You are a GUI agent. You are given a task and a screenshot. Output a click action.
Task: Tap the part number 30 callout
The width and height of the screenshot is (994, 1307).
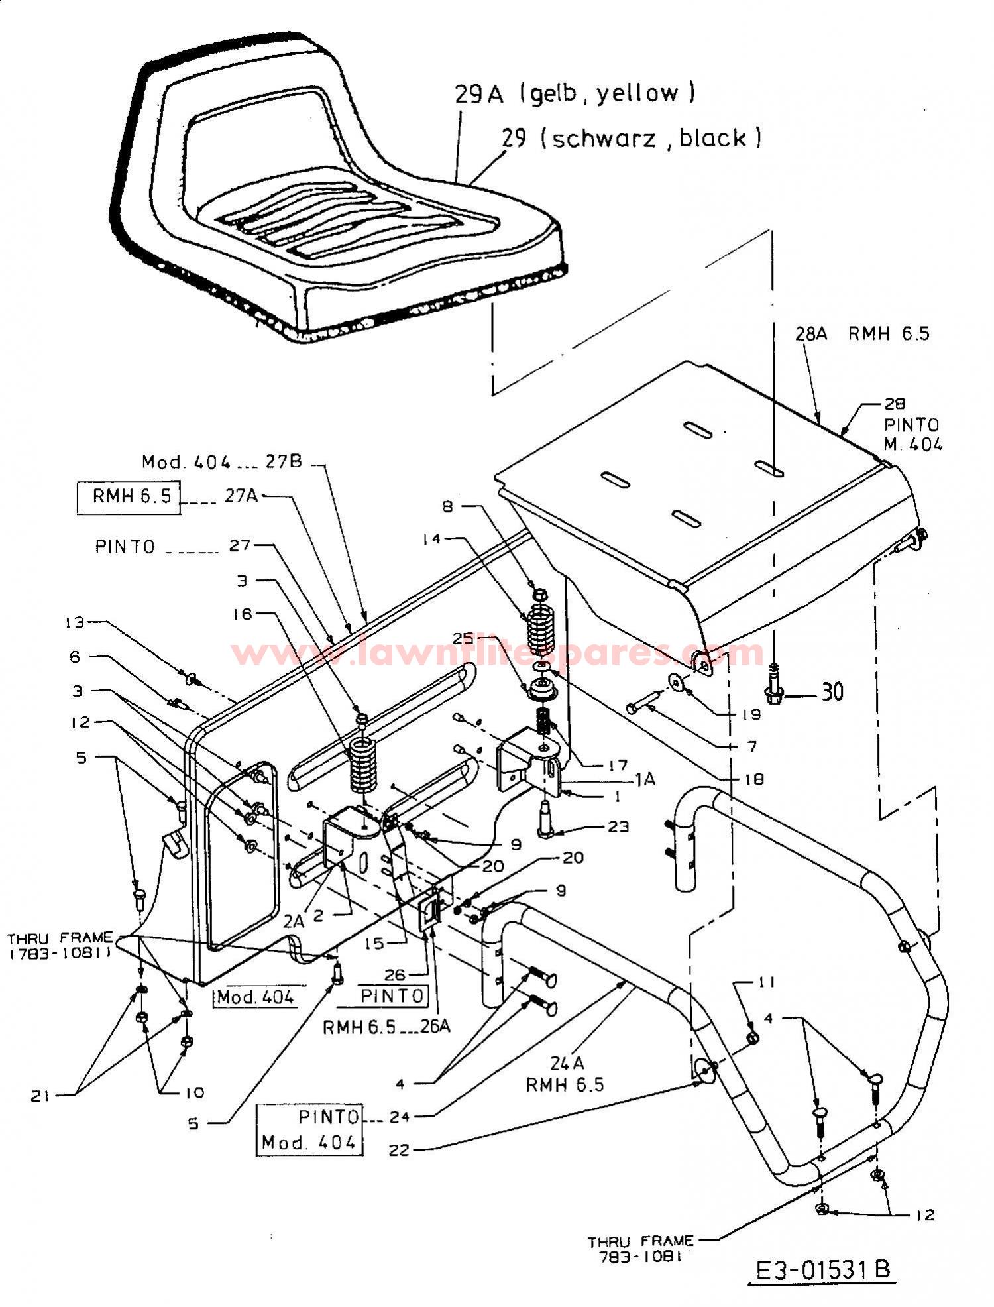832,693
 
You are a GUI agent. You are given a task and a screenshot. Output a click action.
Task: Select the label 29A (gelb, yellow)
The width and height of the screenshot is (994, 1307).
575,93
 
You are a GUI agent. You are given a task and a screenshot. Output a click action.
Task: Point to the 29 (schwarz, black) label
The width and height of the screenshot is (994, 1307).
631,138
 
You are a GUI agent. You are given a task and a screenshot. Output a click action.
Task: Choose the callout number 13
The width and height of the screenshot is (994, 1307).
76,622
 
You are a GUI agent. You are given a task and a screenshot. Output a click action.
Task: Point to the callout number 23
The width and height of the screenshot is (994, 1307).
618,827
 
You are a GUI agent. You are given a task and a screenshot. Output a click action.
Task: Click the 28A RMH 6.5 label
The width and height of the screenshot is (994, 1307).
861,333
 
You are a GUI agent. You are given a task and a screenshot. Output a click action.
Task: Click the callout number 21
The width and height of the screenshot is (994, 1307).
41,1096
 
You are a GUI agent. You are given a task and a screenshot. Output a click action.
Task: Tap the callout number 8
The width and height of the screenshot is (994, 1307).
448,507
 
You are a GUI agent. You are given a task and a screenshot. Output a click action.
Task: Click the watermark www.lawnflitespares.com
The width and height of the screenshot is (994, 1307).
497,652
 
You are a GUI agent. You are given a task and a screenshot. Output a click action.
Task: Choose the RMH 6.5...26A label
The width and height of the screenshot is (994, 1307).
386,1027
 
